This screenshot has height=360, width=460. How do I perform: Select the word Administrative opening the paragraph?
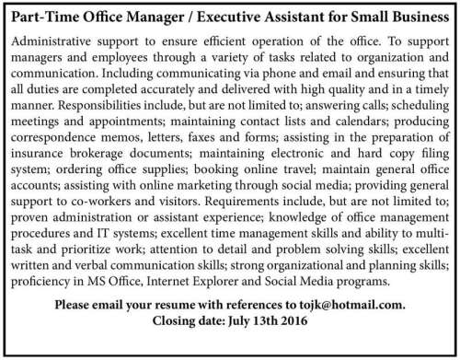(52, 41)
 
